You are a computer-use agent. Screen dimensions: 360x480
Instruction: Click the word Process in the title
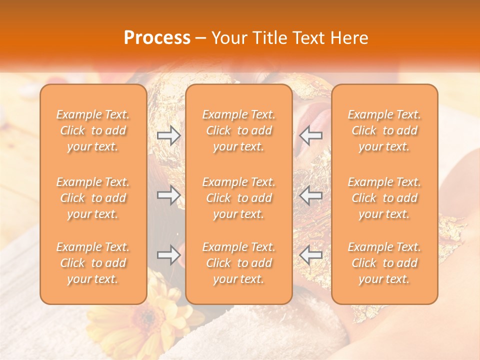point(157,38)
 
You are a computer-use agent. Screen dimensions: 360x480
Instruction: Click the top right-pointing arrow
point(169,135)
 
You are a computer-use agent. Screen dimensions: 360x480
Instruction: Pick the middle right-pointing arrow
point(169,195)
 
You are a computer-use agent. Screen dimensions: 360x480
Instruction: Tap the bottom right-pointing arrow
point(169,255)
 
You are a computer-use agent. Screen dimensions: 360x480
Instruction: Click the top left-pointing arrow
point(311,135)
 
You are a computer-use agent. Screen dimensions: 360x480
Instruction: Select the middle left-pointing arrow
point(311,195)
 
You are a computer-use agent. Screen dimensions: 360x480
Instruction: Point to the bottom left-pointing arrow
point(311,255)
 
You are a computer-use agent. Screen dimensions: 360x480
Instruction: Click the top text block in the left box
point(93,130)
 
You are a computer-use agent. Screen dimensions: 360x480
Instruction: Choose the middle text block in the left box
point(93,198)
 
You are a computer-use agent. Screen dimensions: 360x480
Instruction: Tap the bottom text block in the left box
point(93,263)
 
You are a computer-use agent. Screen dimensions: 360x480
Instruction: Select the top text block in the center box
point(239,130)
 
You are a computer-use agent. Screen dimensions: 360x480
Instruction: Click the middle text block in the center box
point(239,198)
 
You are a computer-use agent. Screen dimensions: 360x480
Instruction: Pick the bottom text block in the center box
point(239,263)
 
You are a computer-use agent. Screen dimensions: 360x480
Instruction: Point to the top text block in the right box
point(384,130)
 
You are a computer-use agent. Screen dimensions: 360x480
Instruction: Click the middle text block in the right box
point(384,198)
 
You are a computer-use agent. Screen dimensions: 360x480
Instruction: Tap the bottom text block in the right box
point(384,263)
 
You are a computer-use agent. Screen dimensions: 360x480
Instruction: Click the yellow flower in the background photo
point(145,320)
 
